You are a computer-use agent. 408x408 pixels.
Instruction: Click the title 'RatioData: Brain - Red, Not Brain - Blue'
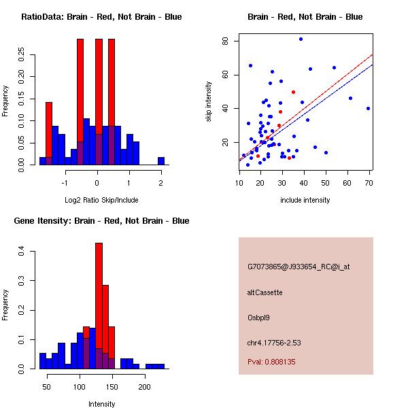point(101,17)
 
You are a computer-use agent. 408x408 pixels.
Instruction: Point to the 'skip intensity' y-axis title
point(209,102)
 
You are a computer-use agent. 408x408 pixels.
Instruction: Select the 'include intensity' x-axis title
point(305,200)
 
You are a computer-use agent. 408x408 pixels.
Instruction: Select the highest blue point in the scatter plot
point(301,39)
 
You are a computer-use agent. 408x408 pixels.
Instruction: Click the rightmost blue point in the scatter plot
point(368,108)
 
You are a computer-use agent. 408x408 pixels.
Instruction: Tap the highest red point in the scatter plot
point(293,92)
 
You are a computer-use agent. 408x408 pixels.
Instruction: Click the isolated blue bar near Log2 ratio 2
point(161,161)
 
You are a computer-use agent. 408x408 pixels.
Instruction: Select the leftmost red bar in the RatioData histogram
point(49,133)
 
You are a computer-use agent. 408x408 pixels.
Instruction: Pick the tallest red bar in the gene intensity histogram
point(99,306)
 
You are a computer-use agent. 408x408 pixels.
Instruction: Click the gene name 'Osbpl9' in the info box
point(259,318)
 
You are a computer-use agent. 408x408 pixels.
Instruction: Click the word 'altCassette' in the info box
point(265,292)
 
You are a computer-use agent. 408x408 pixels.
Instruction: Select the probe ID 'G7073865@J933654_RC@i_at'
point(299,267)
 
